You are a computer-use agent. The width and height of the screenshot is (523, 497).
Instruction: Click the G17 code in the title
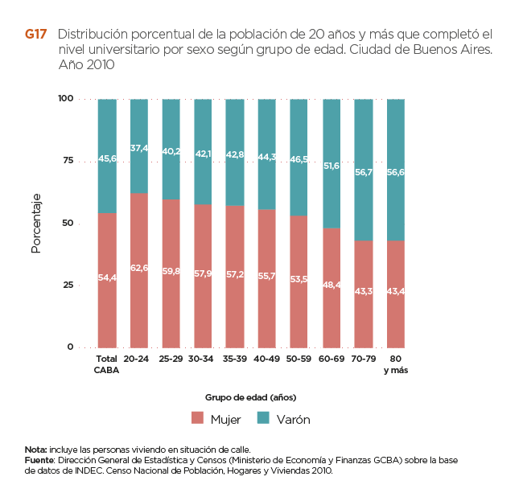coord(35,35)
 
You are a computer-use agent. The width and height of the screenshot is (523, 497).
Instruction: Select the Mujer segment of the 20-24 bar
coord(138,270)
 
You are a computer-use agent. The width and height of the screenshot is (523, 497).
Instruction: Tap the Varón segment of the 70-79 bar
coord(364,170)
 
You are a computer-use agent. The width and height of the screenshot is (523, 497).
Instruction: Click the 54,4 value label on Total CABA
coord(107,277)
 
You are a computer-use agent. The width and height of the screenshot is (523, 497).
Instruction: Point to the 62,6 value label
coord(138,268)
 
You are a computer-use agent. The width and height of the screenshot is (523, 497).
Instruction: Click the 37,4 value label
coord(138,149)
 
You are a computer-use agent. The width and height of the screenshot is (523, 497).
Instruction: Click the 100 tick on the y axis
coord(65,99)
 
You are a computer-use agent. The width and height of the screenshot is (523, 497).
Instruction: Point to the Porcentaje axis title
coord(35,224)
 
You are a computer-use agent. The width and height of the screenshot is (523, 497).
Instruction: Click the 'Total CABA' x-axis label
coord(106,363)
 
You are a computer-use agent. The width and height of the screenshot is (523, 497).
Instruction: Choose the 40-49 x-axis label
coord(267,358)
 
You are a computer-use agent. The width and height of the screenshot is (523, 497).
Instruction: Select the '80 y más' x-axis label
coord(395,363)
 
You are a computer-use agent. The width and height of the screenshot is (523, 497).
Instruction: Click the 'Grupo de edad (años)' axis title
coord(250,397)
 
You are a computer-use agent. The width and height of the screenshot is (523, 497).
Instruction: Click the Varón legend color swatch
coord(263,418)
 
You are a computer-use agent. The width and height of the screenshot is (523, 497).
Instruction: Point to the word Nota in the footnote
coord(35,449)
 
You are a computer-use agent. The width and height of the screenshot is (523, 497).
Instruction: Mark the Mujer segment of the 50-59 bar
coord(299,281)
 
